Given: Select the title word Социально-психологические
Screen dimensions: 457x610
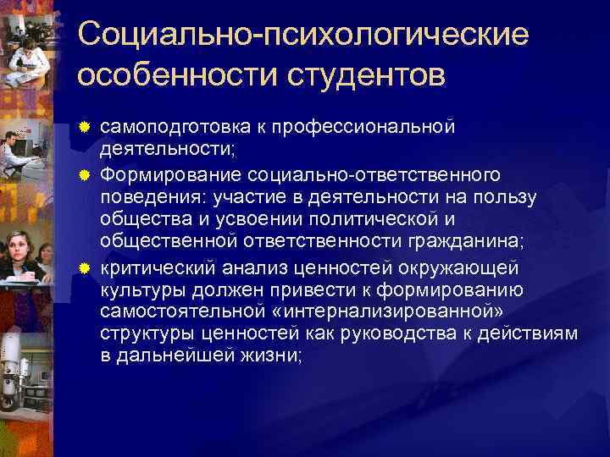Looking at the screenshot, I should (x=302, y=36).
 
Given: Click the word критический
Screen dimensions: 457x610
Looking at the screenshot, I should (x=160, y=268).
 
